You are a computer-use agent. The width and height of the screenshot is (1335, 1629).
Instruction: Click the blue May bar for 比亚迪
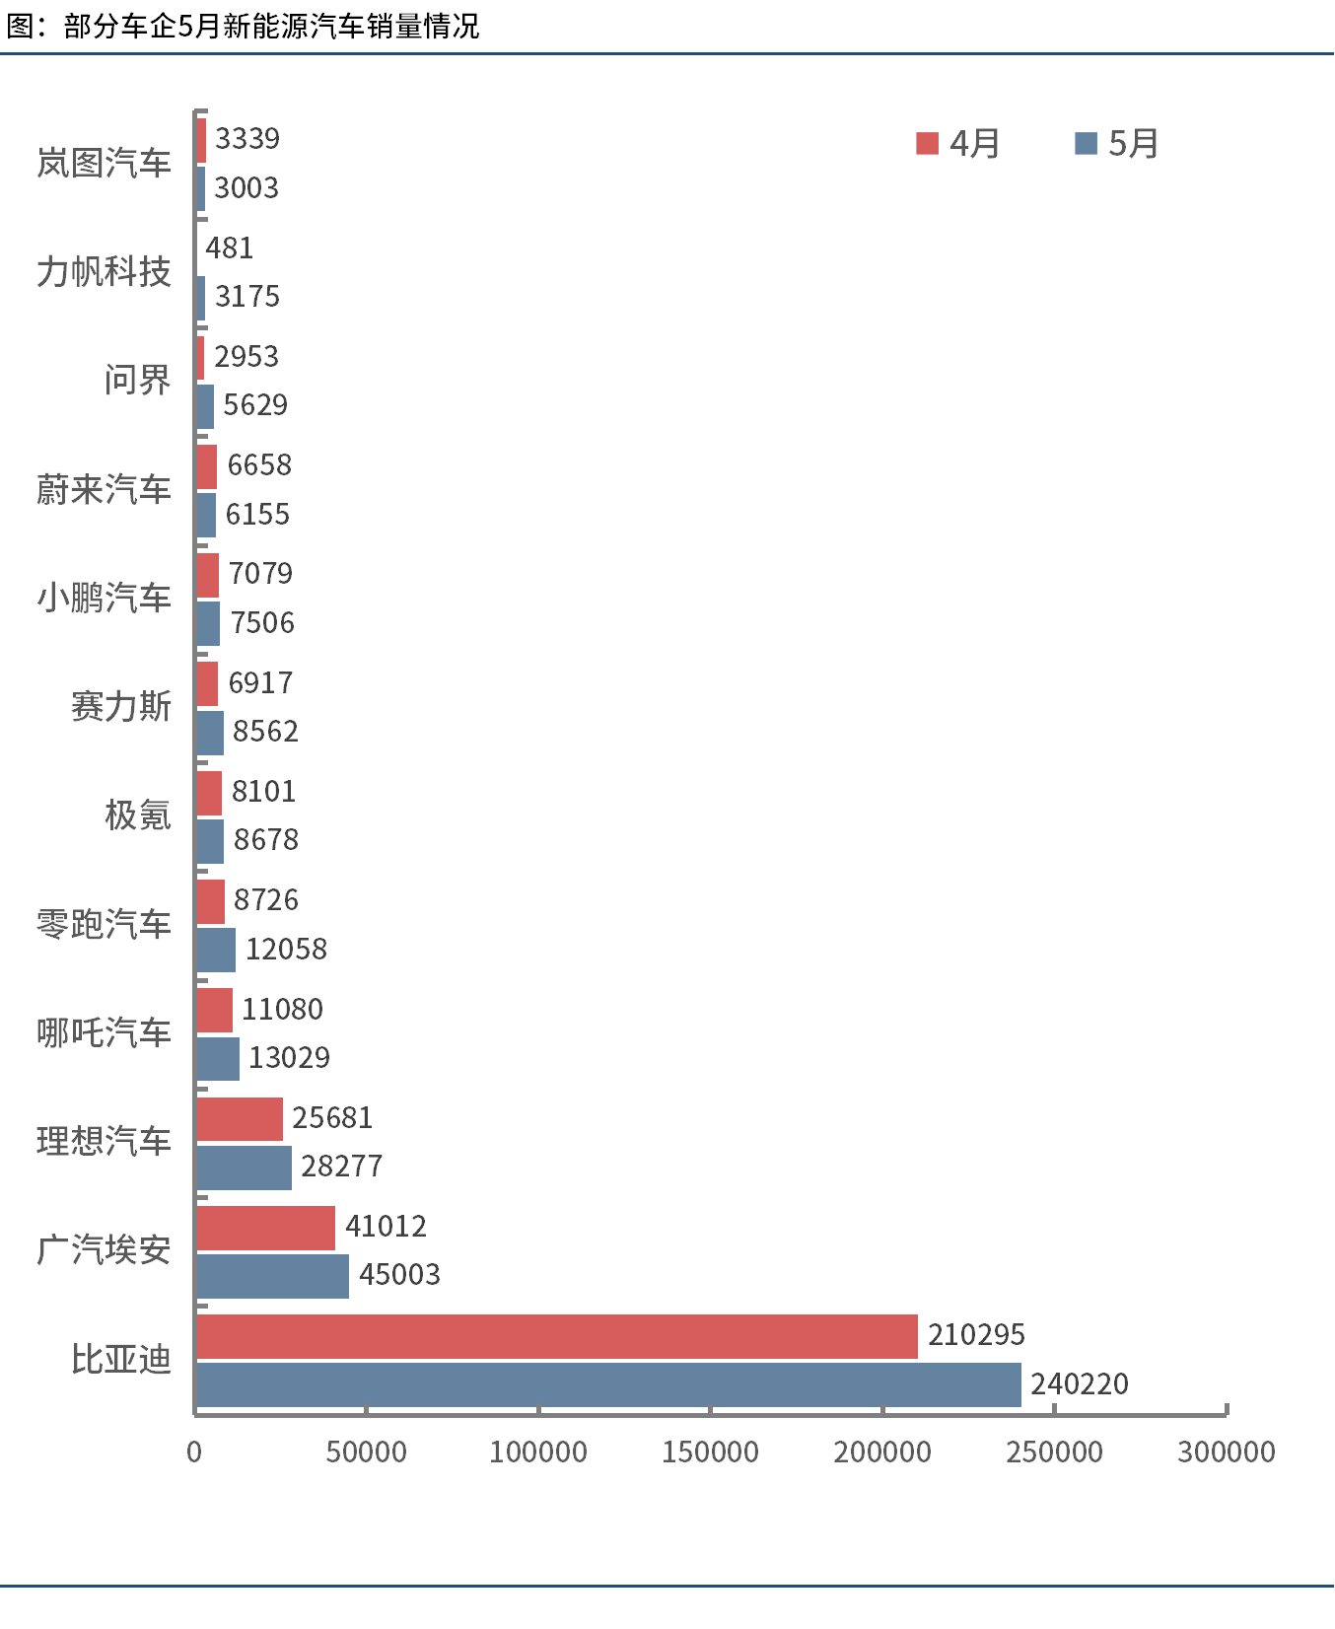pos(608,1384)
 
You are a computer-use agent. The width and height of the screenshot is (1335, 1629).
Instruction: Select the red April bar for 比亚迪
pos(557,1336)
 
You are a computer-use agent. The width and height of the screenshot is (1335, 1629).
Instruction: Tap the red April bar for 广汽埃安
pos(265,1228)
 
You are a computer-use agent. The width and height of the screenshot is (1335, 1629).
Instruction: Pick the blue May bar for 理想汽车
pos(244,1168)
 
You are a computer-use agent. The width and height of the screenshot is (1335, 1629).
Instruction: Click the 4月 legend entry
pos(958,144)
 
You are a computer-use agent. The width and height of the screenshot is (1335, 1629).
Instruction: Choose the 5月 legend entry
pos(1117,144)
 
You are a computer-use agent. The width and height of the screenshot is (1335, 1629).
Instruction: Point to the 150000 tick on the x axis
pos(710,1452)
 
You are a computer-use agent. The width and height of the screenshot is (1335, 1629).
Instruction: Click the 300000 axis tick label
pos(1227,1452)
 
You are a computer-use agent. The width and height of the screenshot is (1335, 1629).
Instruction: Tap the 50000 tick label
pos(367,1452)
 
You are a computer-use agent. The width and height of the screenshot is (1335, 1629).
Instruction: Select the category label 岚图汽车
pos(104,163)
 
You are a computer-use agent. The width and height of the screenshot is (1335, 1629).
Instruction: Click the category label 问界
pos(137,380)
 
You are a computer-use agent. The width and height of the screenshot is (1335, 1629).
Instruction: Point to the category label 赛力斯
pos(120,706)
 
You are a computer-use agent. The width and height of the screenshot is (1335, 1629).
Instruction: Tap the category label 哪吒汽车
pos(104,1032)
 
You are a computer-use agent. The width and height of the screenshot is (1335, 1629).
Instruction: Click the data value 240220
pos(1080,1384)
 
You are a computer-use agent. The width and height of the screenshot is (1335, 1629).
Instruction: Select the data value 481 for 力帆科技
pos(230,248)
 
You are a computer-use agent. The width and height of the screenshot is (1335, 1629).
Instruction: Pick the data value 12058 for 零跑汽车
pos(286,950)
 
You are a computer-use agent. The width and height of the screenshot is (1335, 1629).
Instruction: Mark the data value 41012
pos(386,1227)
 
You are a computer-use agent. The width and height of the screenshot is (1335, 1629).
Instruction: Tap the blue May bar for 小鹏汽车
pos(208,623)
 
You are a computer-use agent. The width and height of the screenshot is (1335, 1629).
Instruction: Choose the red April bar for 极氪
pos(209,793)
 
